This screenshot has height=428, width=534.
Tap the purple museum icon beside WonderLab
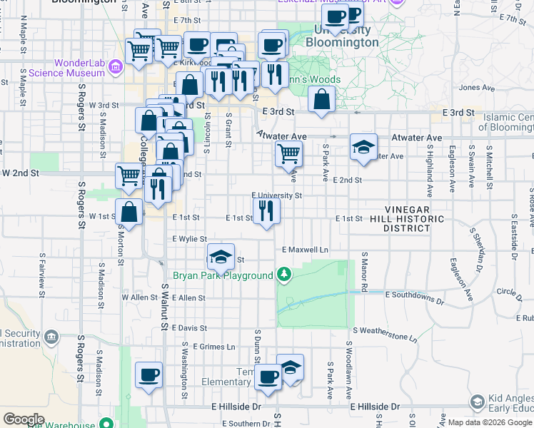tap(116, 66)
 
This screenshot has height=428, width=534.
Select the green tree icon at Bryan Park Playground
tap(284, 275)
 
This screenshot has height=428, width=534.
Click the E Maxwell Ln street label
tap(305, 250)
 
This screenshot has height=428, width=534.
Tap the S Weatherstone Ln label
tap(384, 330)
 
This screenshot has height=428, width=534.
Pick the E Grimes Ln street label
tap(213, 347)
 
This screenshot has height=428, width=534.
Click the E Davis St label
tap(188, 328)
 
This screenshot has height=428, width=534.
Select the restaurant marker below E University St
tap(266, 210)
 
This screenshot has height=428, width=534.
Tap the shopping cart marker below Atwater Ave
tap(288, 153)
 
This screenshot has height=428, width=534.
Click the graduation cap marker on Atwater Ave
tap(363, 148)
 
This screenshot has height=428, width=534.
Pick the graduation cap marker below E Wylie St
tap(221, 256)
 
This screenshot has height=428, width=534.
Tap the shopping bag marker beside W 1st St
tap(129, 211)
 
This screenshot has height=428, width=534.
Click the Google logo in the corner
tap(23, 419)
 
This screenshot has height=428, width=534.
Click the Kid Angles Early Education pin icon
tap(478, 402)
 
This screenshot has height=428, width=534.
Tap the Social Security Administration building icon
tap(51, 336)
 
